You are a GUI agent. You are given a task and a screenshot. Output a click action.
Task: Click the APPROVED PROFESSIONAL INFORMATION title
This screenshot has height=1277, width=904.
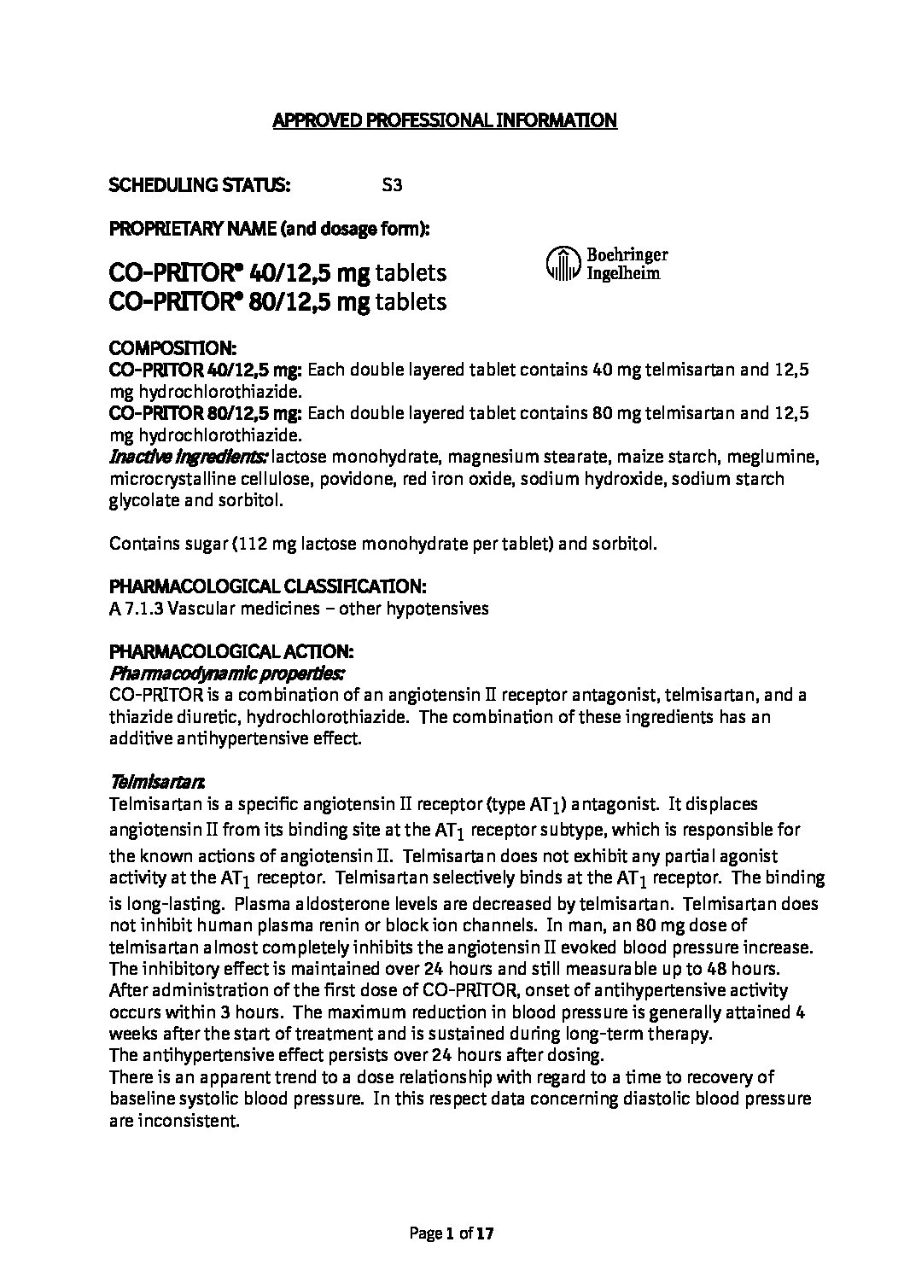coord(444,120)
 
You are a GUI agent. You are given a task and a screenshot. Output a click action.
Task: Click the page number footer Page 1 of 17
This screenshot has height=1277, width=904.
coord(452,1233)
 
